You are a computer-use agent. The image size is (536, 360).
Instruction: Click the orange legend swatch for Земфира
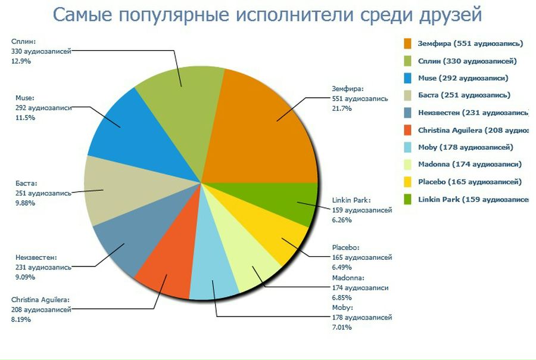407,44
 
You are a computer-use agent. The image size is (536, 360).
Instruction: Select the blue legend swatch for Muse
407,78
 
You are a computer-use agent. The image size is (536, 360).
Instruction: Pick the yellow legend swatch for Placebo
407,182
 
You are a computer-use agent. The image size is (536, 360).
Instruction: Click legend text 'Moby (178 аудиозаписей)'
465,147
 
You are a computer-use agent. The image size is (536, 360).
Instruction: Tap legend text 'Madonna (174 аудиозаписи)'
469,165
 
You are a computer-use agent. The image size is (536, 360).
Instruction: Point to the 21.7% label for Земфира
342,108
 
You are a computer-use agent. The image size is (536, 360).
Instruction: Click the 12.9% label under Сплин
21,61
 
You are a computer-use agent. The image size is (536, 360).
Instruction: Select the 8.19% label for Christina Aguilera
21,319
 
